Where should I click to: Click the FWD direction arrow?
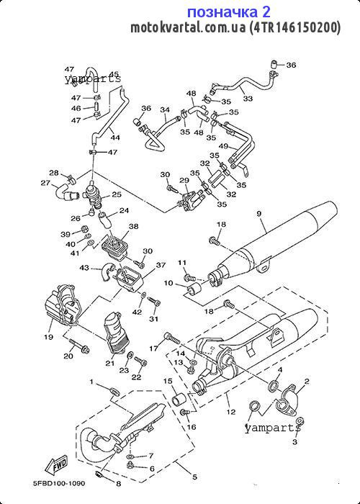point(57,464)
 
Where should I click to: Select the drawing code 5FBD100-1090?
point(59,483)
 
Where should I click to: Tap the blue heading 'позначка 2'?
point(228,12)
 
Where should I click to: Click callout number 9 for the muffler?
point(260,213)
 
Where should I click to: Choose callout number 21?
point(110,363)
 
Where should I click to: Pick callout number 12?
point(231,412)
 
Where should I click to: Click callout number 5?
point(194,477)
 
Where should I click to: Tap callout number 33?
point(248,99)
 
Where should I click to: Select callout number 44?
point(115,138)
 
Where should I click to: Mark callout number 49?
point(224,146)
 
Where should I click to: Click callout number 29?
point(184,180)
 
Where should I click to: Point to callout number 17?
point(154,348)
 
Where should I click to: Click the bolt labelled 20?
point(81,348)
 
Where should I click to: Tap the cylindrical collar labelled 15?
point(179,400)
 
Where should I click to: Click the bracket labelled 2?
point(287,397)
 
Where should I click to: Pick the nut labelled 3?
point(300,421)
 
